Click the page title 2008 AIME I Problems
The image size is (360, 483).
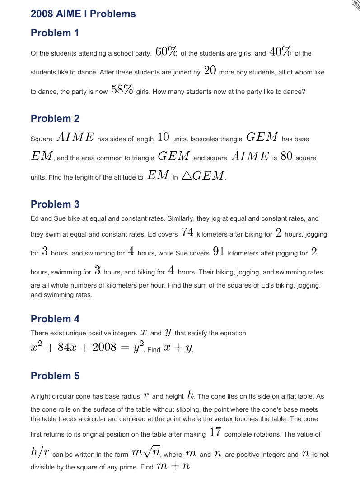(x=83, y=14)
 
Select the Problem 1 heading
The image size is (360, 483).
(x=55, y=33)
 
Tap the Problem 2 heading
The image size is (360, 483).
(x=55, y=119)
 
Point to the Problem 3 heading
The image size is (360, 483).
(x=55, y=204)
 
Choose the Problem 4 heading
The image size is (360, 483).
(x=55, y=319)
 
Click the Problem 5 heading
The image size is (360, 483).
(x=55, y=376)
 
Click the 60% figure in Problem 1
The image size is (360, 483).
(x=166, y=52)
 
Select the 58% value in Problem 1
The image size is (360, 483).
(x=122, y=90)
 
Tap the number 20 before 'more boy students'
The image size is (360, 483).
(x=210, y=71)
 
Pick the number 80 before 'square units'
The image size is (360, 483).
(x=286, y=157)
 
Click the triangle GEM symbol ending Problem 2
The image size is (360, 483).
(x=203, y=176)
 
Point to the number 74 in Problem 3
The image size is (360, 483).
(x=187, y=233)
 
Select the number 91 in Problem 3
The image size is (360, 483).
(x=219, y=252)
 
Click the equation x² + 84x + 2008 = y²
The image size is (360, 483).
(x=87, y=348)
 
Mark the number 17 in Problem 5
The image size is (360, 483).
(x=215, y=433)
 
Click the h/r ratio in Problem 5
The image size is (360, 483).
(x=40, y=453)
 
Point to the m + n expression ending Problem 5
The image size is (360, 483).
(x=173, y=467)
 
